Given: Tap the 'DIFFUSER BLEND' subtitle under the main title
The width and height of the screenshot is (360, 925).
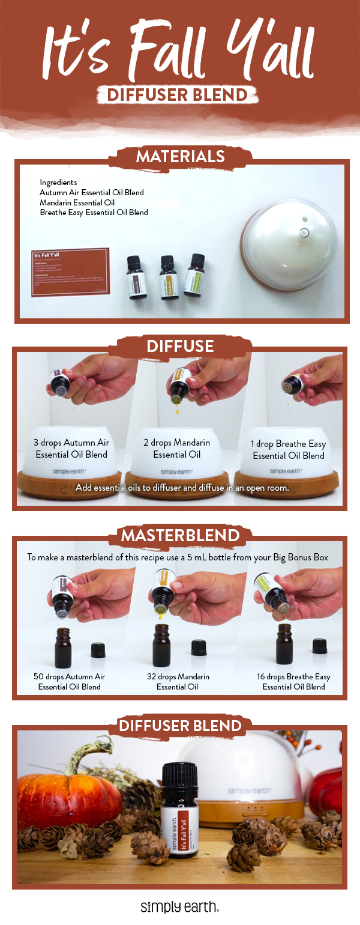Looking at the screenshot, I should pos(180,94).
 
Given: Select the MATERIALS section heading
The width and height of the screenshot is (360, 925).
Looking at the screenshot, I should pos(180,157).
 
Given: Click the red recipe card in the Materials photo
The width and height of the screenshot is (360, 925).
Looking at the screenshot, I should pos(70,272).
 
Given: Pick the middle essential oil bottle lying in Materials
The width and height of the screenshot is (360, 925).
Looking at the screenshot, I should pos(169,277).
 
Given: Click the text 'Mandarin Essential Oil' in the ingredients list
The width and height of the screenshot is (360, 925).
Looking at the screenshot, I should pos(77,203).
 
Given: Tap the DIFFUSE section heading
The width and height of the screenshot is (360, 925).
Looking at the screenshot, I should pos(180,346).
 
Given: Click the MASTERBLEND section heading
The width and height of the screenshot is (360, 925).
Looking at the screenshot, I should pos(180,535).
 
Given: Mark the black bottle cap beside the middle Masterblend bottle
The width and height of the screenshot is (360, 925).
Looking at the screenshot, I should pos(199,647).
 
